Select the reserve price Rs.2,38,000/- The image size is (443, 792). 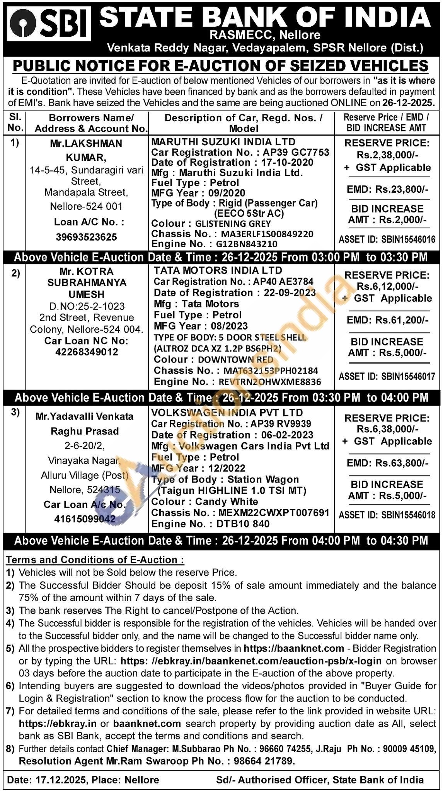[x=387, y=155]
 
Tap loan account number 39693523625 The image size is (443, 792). [x=87, y=237]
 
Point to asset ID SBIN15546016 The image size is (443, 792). [x=408, y=240]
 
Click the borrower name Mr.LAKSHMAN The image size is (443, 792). [x=86, y=143]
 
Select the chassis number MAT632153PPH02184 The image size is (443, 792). [x=271, y=371]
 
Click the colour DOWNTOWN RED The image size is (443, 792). [x=235, y=360]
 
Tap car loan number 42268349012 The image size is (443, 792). [x=87, y=352]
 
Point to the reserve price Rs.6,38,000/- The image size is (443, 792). [x=387, y=429]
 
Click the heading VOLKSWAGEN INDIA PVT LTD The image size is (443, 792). [x=227, y=413]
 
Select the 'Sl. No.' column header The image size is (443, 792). [x=15, y=122]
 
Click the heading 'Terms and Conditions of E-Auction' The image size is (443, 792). [x=95, y=560]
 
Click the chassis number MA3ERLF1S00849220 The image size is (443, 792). [x=267, y=234]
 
